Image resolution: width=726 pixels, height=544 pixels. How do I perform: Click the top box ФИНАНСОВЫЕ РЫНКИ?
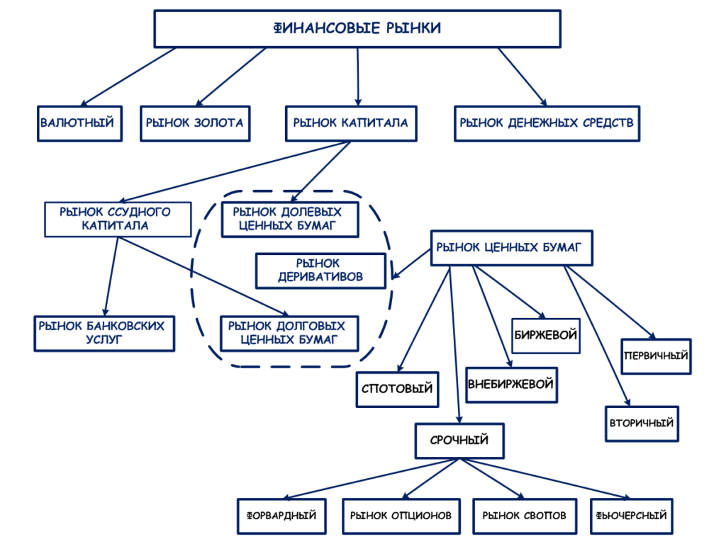coord(357,28)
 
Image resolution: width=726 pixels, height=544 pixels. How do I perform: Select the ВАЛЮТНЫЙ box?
coord(77,123)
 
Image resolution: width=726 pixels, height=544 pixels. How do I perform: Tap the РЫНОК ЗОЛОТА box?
coord(194,123)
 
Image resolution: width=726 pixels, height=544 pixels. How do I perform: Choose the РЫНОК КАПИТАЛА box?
coord(350,123)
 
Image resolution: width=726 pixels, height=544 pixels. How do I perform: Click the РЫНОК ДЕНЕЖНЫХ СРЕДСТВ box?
coord(547,123)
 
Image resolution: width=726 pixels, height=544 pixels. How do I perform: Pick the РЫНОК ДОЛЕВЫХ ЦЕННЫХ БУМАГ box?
coord(288,219)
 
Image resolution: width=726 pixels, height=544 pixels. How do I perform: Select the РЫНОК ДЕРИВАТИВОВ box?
coord(320,271)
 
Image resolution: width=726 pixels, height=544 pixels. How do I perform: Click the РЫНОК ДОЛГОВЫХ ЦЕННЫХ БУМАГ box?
coord(288,333)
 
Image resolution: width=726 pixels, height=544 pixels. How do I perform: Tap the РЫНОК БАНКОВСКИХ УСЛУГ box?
coord(104,333)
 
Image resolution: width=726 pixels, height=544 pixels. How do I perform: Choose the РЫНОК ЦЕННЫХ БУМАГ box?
coord(510,247)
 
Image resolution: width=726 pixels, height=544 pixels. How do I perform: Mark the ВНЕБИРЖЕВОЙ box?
coord(510,385)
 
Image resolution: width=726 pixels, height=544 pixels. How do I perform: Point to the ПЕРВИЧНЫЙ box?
coord(656,356)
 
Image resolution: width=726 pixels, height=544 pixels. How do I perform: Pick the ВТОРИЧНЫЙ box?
coord(641,424)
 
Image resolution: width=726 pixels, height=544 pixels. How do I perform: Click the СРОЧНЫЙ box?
coord(459,441)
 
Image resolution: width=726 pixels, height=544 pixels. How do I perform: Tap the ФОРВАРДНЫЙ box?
coord(281,516)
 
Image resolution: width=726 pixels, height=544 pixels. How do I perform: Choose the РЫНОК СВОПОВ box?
coord(525,516)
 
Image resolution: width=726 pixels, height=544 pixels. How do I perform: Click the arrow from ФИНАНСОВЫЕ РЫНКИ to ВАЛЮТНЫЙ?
coord(128,77)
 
